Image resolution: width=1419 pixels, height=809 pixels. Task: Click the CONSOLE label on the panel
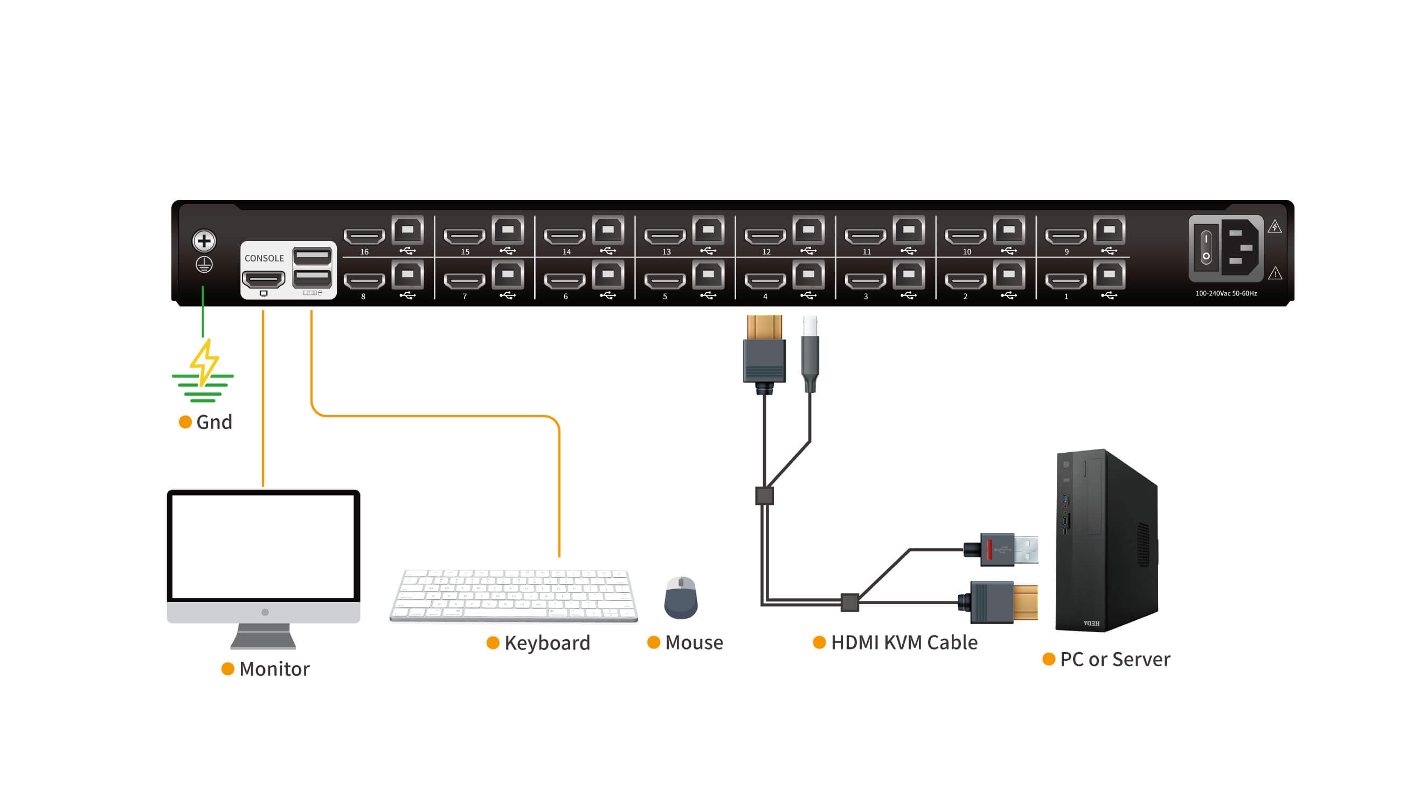[x=264, y=258]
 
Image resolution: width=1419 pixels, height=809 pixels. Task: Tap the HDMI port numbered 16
[x=364, y=236]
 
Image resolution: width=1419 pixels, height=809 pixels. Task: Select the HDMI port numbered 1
[x=1065, y=281]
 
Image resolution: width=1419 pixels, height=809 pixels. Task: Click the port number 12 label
[x=766, y=252]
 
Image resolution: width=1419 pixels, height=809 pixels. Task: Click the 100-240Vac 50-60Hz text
[x=1226, y=293]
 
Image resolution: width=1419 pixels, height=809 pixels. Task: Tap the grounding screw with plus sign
[x=204, y=240]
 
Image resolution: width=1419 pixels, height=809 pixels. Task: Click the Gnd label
[x=213, y=422]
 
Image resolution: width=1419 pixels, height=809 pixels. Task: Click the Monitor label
[x=274, y=669]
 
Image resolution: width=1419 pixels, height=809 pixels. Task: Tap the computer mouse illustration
[x=681, y=598]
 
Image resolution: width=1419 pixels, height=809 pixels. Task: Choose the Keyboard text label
[x=546, y=643]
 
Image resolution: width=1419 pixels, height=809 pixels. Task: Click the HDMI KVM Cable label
[x=903, y=642]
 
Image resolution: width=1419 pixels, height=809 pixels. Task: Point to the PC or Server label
[x=1114, y=659]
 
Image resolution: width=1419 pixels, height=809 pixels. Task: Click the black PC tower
[x=1106, y=542]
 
